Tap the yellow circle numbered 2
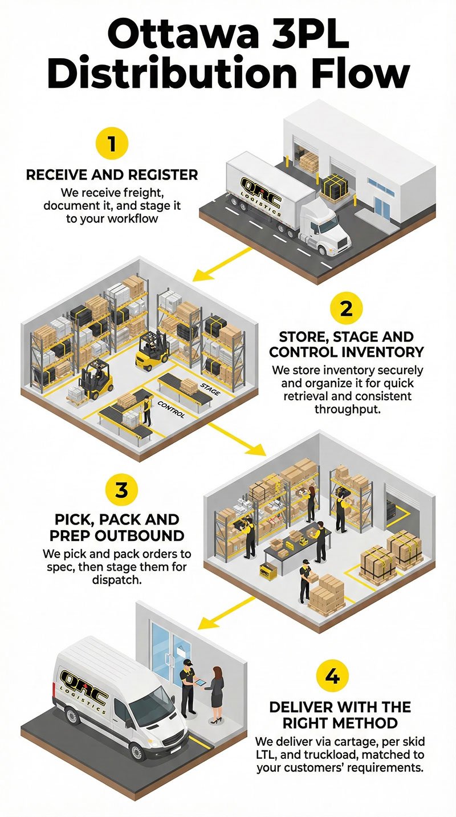(x=345, y=310)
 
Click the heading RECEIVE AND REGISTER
(x=112, y=175)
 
